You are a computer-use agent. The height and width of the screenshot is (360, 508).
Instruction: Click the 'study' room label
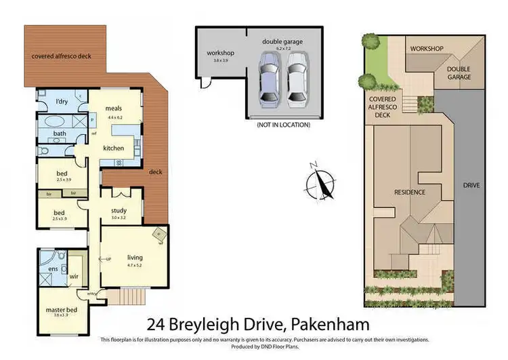(x=119, y=210)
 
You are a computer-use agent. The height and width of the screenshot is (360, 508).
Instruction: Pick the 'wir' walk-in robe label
(x=75, y=276)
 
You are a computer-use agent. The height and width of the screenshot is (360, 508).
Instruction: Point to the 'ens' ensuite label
(x=53, y=270)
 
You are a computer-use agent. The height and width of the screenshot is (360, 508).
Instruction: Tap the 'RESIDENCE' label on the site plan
(x=410, y=192)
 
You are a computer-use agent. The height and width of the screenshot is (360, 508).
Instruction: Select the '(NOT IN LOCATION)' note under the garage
(x=284, y=125)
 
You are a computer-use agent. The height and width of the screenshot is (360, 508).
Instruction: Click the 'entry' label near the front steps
(x=92, y=293)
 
